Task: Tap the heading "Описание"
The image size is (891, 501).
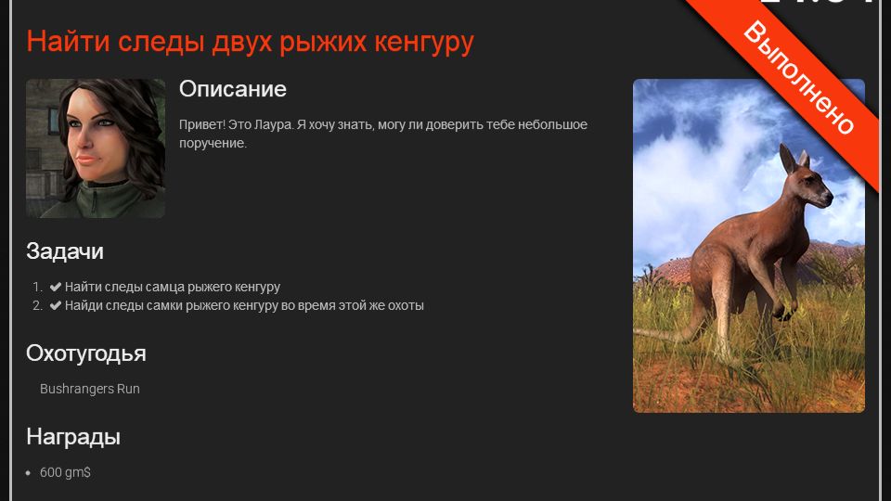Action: point(232,89)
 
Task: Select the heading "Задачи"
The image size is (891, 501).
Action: point(65,251)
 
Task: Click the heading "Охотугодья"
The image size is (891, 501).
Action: point(85,353)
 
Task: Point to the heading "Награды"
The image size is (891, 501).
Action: point(73,437)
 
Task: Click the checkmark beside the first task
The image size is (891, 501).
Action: point(56,287)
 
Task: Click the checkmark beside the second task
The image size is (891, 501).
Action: point(56,305)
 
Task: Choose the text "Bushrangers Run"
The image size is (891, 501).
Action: point(90,389)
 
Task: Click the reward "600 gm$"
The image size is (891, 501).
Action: point(65,472)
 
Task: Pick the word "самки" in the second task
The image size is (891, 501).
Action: point(165,305)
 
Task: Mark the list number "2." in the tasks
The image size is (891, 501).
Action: point(37,305)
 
